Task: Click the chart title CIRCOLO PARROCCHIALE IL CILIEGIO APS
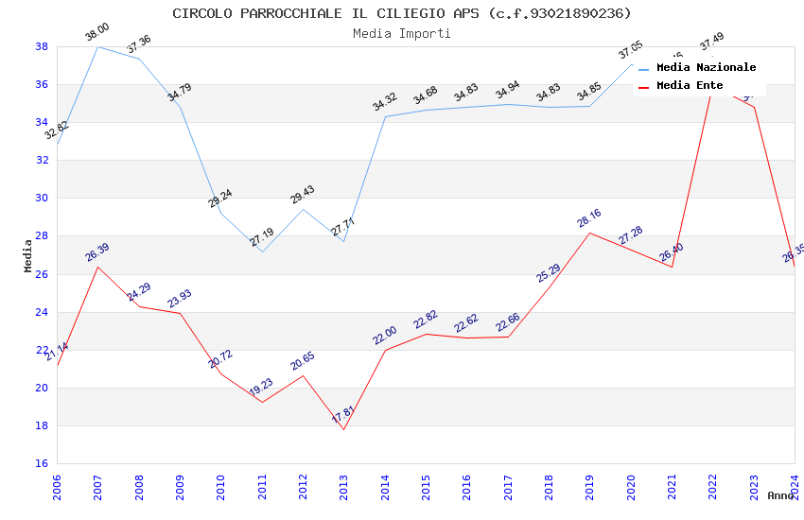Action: pos(402,13)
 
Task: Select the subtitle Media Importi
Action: pos(402,33)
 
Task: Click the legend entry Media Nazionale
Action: pos(706,68)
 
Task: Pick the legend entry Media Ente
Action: pos(690,86)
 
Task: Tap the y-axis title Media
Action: pos(28,255)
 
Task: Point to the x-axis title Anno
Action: pos(780,495)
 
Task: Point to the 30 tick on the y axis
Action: pos(42,199)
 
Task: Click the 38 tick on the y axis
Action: pos(42,46)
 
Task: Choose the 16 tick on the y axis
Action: pos(42,463)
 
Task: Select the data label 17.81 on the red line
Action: pos(342,415)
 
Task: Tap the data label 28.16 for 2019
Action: pos(588,218)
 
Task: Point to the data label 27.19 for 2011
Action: pos(262,237)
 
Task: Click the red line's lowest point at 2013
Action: pos(343,429)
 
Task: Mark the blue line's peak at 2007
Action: pos(97,46)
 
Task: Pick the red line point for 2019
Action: pos(589,233)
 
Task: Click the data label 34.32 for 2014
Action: pos(385,102)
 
